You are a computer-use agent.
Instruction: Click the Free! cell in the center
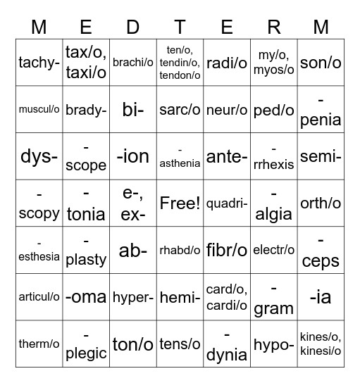point(180,203)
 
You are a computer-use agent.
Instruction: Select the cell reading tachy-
point(39,62)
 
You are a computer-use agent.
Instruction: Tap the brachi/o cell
point(133,62)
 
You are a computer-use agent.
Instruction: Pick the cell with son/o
point(321,62)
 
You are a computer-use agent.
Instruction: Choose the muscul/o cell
point(39,109)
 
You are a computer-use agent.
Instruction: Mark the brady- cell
point(86,109)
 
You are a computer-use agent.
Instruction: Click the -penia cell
point(321,109)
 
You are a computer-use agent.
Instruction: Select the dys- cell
point(39,156)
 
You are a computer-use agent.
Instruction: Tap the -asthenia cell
point(180,156)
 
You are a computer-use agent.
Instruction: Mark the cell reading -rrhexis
point(274,156)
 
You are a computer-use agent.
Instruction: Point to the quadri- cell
point(227,203)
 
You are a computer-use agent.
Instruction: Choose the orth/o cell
point(321,203)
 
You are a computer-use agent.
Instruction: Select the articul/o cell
point(39,297)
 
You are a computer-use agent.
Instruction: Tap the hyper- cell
point(133,297)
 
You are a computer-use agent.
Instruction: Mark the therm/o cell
point(39,344)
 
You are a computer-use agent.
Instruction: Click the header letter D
point(133,27)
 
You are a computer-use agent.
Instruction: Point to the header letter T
point(180,27)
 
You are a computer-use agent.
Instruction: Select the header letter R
point(274,27)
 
